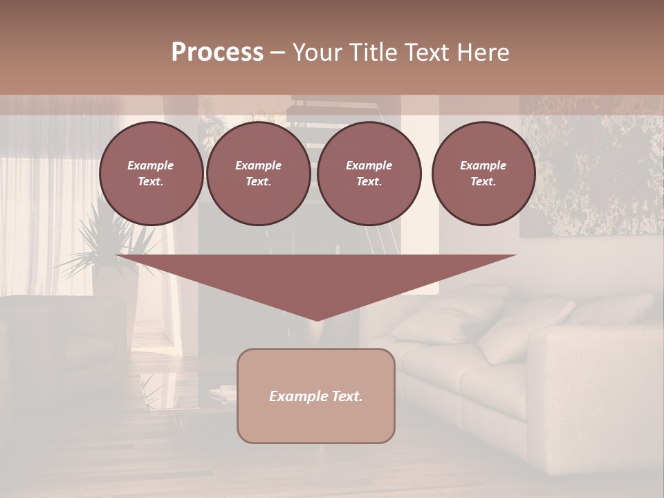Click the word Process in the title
[217, 53]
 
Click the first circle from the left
[151, 173]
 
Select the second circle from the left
[259, 173]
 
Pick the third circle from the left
[369, 173]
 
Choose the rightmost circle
[483, 173]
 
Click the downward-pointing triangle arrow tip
[317, 315]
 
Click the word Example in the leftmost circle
[151, 165]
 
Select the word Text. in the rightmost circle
[483, 181]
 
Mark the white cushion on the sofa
[526, 325]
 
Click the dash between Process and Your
[277, 53]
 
